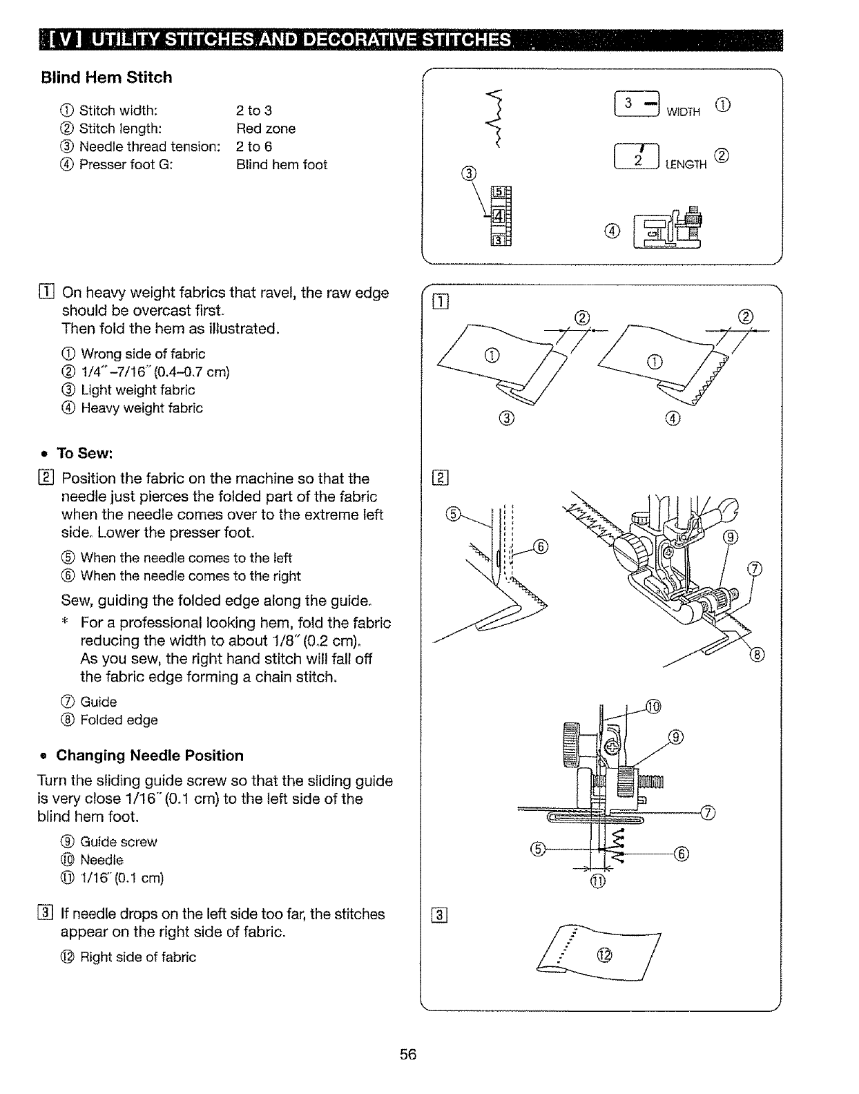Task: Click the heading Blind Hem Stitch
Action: (x=106, y=77)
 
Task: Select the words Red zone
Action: (x=266, y=128)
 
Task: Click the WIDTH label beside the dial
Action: (x=683, y=112)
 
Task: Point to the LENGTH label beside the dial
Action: (x=686, y=164)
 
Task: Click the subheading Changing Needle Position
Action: (x=150, y=756)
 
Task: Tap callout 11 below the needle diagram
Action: (x=598, y=882)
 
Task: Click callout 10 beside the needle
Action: (x=653, y=706)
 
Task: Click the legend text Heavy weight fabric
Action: (x=142, y=408)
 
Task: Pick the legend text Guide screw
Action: (x=119, y=842)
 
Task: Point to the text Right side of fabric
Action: (x=138, y=957)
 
